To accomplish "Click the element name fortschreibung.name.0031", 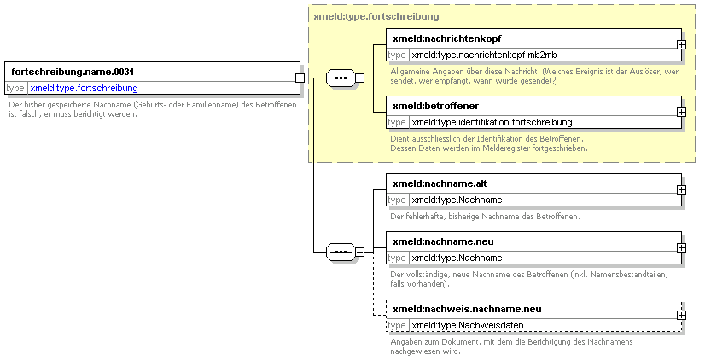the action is [73, 72].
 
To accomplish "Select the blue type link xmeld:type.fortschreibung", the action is [84, 88].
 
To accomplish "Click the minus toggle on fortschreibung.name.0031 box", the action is [300, 78].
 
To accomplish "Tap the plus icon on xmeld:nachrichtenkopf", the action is [681, 44].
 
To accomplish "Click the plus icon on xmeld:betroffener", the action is [681, 112].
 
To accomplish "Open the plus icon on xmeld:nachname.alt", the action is [681, 189].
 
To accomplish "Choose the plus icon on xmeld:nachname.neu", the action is [681, 247].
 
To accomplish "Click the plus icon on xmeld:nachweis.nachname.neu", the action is [681, 315].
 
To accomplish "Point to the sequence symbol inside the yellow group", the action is [341, 78].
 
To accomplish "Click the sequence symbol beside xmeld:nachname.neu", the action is [341, 252].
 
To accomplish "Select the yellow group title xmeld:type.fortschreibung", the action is [376, 17].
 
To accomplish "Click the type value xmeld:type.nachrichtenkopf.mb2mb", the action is [484, 55].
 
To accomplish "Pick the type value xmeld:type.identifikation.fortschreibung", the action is [492, 122].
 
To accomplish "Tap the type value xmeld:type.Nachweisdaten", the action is [468, 325].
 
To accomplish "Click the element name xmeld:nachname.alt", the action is [440, 183].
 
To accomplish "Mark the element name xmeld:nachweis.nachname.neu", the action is [467, 309].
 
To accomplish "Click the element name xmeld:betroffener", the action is [436, 106].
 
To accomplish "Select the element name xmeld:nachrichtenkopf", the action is [447, 39].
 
